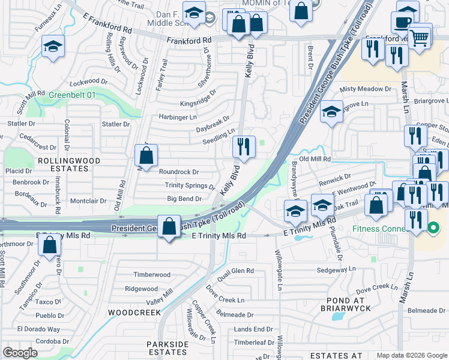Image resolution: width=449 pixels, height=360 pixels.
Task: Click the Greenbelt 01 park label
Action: click(72, 94)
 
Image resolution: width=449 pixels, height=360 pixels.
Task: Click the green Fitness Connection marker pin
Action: click(433, 228)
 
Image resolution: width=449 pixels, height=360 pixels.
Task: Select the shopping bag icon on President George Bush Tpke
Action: click(169, 227)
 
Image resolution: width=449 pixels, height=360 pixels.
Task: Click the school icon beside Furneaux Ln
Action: click(53, 47)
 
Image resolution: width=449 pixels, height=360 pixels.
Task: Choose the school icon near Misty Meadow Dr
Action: click(331, 112)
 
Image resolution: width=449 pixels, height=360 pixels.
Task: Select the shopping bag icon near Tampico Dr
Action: click(50, 244)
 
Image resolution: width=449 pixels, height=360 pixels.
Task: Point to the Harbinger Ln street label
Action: click(177, 117)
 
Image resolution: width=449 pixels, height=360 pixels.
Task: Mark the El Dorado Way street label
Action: click(38, 329)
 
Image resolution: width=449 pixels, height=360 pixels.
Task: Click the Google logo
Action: click(20, 353)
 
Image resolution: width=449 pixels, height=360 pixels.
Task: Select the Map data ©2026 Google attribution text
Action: click(411, 355)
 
